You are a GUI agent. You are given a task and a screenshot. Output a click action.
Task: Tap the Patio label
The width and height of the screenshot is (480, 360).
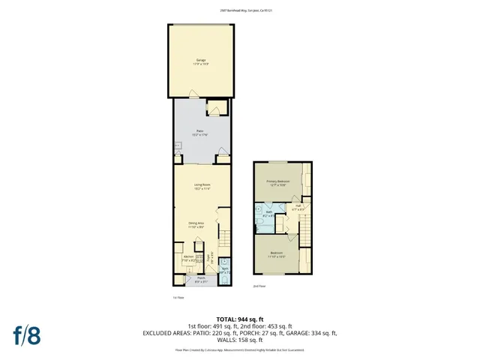tap(201, 130)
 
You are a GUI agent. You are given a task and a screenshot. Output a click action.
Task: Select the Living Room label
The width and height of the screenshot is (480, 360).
tap(201, 186)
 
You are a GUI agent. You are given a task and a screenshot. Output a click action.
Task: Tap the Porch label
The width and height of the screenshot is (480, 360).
tap(199, 281)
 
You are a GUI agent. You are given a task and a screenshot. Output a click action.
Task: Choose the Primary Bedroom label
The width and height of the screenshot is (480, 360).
tap(277, 182)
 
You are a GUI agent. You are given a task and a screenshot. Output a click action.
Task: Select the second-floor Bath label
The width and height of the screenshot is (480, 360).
tap(268, 214)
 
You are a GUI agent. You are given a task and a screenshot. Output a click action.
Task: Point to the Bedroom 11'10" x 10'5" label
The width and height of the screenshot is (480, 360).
tap(277, 254)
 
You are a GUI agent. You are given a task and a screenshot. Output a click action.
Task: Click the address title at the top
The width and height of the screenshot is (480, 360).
tap(239, 10)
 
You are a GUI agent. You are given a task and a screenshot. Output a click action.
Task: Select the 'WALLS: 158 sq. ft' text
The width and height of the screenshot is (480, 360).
tap(239, 338)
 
